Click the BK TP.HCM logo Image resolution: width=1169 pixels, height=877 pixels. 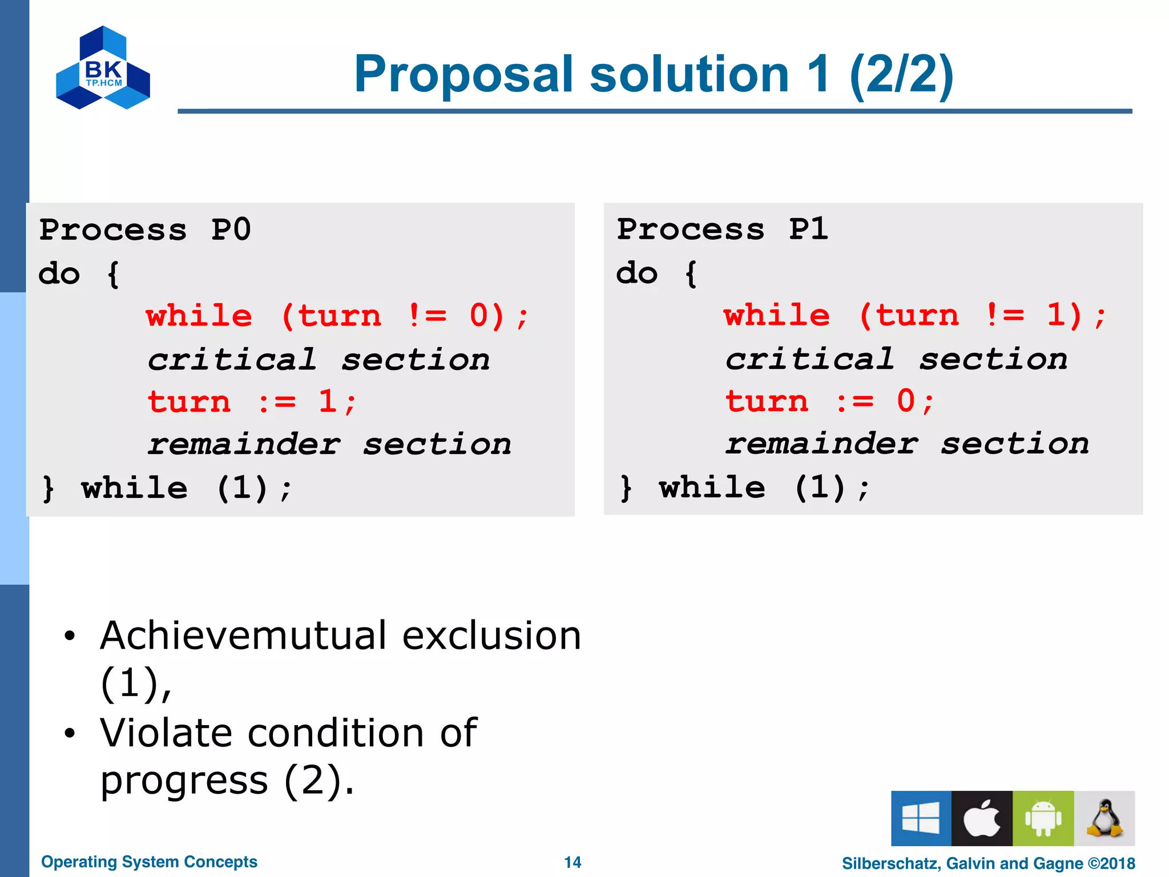coord(103,68)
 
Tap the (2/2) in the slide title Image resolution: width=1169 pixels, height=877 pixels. coord(901,74)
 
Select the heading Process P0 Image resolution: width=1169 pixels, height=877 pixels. coord(145,230)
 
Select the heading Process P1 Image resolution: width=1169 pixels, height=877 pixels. coord(722,230)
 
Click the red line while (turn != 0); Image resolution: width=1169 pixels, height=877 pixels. coord(337,316)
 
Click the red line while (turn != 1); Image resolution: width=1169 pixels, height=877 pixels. coord(914,316)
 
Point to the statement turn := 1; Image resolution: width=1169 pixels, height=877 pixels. coord(251,402)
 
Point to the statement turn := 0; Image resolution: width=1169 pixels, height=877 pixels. coord(829,401)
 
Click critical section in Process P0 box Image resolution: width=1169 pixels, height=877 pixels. coord(319,360)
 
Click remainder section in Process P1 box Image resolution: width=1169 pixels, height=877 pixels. coord(907,444)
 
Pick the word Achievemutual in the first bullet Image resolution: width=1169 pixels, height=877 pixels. coord(243,635)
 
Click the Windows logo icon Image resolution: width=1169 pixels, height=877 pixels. coord(921,818)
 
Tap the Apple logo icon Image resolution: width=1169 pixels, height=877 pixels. coord(982,818)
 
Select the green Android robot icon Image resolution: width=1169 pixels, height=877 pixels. coord(1043,818)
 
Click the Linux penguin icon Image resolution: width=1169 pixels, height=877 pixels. coord(1104,818)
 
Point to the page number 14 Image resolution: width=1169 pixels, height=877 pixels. coord(573,862)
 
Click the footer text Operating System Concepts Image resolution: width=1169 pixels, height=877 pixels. coord(149,862)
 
